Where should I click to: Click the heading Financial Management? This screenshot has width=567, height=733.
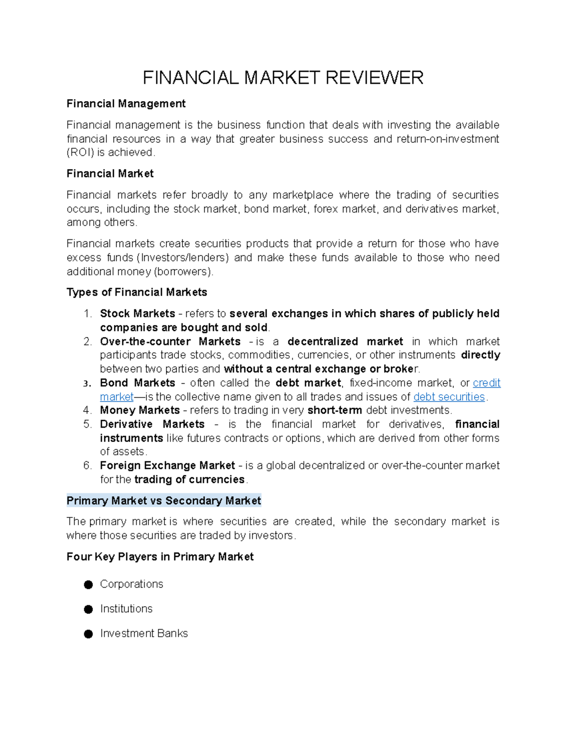click(126, 104)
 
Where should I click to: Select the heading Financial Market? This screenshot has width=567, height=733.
click(110, 174)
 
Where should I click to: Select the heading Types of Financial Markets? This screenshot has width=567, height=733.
click(137, 293)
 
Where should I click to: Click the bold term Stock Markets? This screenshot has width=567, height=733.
click(137, 314)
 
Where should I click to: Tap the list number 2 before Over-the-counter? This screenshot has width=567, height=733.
click(87, 342)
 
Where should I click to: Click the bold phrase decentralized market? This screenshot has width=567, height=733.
click(345, 342)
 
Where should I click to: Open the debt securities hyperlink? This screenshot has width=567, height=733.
click(449, 397)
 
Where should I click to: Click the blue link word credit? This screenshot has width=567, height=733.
click(486, 383)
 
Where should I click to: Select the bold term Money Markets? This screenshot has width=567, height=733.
click(140, 410)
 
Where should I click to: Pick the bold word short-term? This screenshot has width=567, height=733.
click(335, 410)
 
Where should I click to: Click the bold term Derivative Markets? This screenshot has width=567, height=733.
click(152, 424)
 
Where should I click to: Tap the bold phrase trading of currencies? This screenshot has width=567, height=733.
click(189, 480)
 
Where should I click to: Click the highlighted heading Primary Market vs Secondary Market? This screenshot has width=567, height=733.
click(163, 501)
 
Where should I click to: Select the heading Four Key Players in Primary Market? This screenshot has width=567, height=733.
click(160, 557)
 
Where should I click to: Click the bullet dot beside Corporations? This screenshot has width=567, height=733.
click(88, 585)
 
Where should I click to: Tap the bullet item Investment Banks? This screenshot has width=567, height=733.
click(144, 633)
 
